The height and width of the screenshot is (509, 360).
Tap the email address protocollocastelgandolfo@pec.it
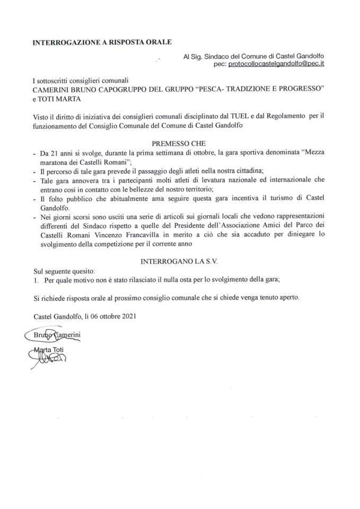pos(276,64)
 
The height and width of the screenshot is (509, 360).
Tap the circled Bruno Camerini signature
pos(53,335)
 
